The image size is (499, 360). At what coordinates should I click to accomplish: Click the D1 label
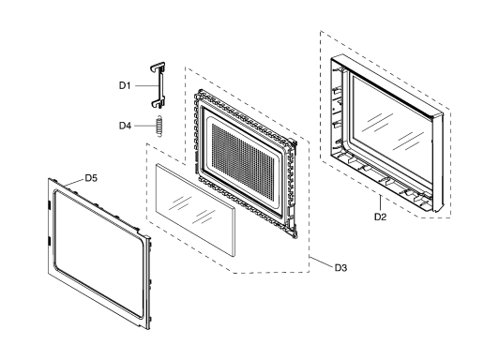tap(125, 85)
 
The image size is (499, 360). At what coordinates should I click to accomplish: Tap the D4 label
tap(125, 126)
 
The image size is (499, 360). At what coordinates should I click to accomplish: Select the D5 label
tap(91, 178)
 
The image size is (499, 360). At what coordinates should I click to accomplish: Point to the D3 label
tap(340, 268)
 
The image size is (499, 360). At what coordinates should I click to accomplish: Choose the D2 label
tap(380, 217)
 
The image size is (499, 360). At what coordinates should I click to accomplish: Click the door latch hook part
tap(158, 85)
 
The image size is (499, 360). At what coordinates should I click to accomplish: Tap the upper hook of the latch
tap(158, 67)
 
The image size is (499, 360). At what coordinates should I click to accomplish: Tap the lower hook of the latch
tap(158, 102)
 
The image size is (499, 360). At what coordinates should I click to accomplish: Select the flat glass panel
tap(195, 209)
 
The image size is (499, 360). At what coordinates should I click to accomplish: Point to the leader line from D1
tap(146, 85)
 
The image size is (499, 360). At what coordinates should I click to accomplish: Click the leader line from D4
tap(145, 126)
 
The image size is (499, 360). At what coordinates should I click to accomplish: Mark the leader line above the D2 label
tap(380, 203)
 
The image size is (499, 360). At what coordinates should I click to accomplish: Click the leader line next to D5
tap(73, 182)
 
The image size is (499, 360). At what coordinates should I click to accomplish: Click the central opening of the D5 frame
tap(98, 253)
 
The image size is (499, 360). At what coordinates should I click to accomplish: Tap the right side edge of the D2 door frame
tap(438, 163)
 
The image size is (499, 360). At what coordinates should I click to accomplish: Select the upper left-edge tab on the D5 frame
tap(49, 204)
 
